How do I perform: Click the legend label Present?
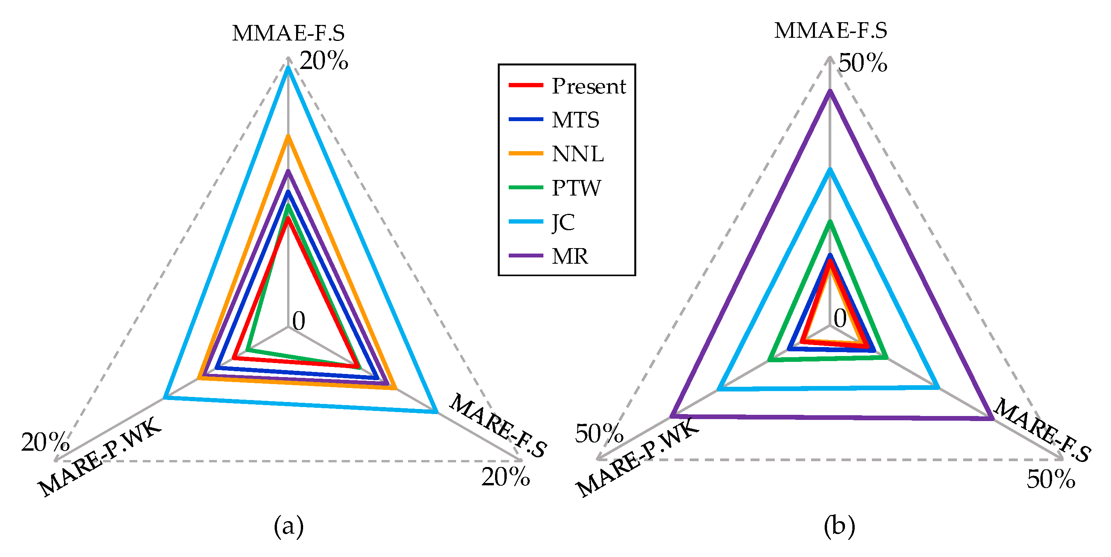[588, 86]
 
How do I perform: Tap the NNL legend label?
[577, 154]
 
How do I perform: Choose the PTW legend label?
[576, 188]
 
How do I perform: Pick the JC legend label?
[563, 222]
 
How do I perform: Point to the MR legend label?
[570, 256]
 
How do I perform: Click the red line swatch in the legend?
[525, 85]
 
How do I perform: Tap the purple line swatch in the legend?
[525, 256]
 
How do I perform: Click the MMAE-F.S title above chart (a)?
[288, 33]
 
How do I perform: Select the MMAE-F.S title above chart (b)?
[830, 31]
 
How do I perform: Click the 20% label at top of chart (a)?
[324, 61]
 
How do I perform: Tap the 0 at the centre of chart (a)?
[298, 321]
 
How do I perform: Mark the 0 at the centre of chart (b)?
[840, 319]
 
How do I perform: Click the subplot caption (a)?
[289, 526]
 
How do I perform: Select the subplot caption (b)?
[839, 526]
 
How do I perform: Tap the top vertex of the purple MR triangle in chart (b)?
[829, 91]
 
